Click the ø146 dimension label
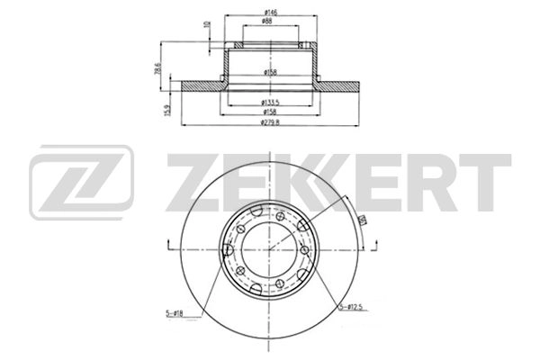(267, 10)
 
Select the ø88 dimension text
(267, 21)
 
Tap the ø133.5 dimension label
(267, 102)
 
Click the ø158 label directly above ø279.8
(267, 112)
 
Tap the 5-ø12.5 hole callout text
(352, 308)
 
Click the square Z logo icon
(81, 183)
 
